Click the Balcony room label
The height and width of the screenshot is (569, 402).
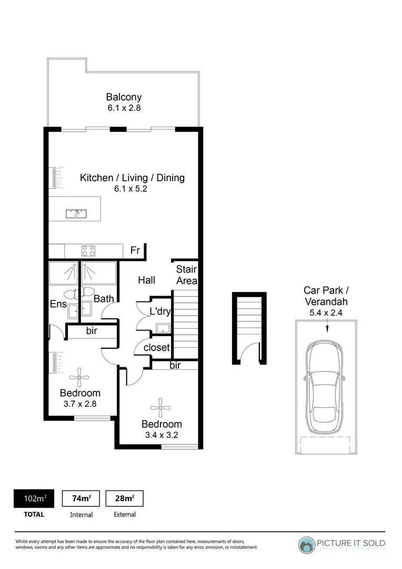point(124,97)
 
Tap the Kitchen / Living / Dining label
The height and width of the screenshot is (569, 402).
point(132,178)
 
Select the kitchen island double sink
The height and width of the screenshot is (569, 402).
point(76,213)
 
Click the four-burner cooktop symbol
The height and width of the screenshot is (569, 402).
point(87,251)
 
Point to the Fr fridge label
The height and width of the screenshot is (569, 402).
point(135,251)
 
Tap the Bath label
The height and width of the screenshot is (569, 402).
point(104,299)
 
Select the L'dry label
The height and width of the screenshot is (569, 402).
point(159,311)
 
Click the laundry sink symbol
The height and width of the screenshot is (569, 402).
point(163,329)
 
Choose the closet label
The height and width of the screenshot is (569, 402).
point(156,348)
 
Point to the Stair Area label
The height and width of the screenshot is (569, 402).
point(186,275)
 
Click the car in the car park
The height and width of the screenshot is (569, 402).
point(327,386)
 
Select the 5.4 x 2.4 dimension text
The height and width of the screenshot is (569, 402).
point(326,312)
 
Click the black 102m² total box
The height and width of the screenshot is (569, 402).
point(34,498)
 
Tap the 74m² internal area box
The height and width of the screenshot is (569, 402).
point(81,498)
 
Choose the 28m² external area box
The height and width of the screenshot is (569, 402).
point(125,498)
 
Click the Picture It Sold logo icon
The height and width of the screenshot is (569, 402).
point(306,544)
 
